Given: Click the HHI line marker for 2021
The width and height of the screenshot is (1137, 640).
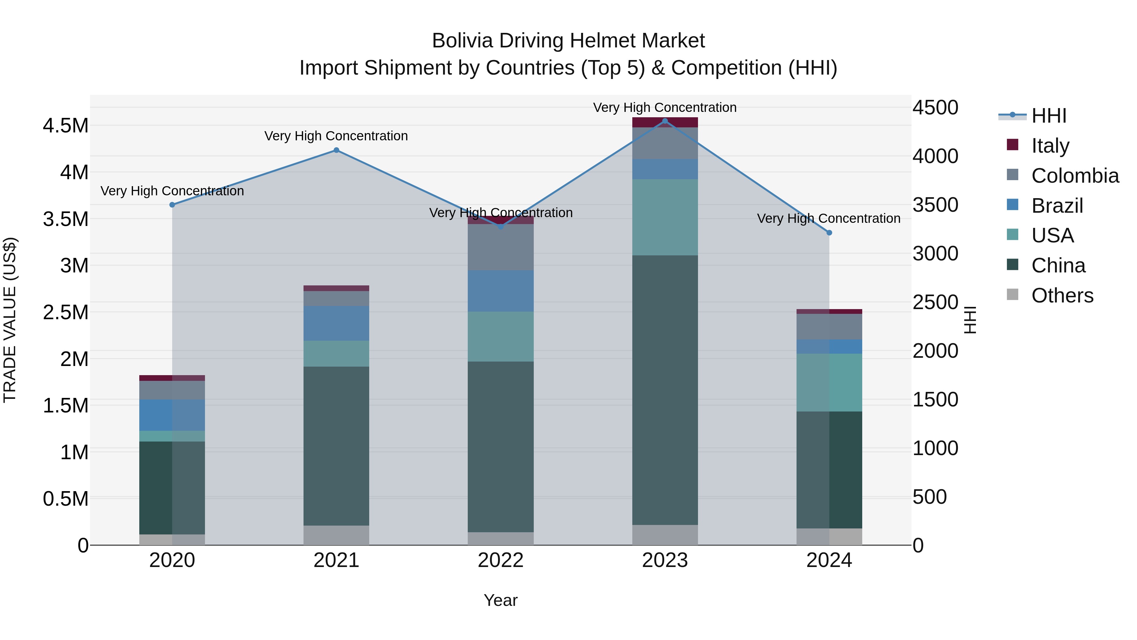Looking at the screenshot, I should tap(336, 150).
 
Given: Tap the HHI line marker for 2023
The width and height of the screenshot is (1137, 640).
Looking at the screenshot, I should tap(665, 121).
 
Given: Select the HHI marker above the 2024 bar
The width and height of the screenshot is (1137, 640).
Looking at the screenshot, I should tap(829, 233).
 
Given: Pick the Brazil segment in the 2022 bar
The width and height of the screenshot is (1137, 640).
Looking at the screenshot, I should tap(501, 291).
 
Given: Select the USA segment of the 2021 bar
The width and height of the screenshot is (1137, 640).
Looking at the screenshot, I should tap(336, 353).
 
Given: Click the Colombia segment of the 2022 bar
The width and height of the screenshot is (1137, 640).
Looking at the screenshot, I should tap(501, 247).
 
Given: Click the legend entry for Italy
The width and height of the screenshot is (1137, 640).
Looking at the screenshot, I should tap(1050, 146).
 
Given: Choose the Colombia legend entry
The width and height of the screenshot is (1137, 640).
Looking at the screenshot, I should tap(1074, 176).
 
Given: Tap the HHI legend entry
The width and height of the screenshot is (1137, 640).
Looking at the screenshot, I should tap(1048, 116).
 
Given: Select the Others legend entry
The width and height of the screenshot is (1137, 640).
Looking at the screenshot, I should tap(1062, 296).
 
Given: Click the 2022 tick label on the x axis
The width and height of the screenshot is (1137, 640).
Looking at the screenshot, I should tap(501, 560).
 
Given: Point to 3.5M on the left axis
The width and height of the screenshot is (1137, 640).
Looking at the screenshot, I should tap(66, 219).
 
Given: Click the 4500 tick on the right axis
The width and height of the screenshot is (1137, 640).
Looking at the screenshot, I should tap(935, 108).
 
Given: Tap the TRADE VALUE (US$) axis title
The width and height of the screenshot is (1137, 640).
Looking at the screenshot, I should tap(10, 320).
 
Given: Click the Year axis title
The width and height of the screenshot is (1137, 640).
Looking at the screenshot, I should tap(501, 600).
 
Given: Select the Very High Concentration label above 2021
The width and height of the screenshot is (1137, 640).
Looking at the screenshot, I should tap(336, 136).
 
